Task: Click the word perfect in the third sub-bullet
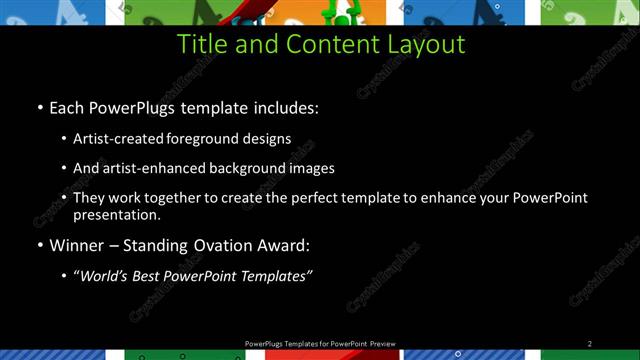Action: pyautogui.click(x=295, y=198)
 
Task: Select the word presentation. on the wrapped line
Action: pyautogui.click(x=117, y=214)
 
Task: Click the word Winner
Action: pyautogui.click(x=76, y=244)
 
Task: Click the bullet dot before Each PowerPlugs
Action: pyautogui.click(x=39, y=106)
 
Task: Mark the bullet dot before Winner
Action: pyautogui.click(x=39, y=244)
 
